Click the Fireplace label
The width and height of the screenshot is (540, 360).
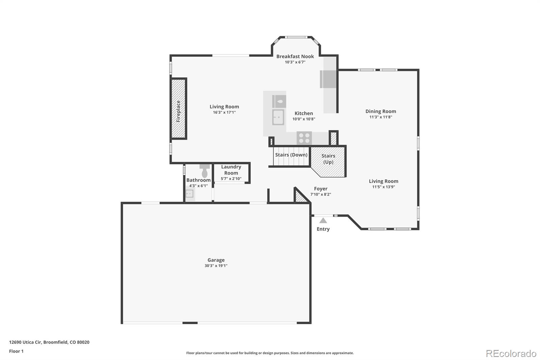click(179, 111)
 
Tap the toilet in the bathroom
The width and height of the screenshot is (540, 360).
click(205, 172)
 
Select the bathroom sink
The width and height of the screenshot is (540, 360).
click(190, 194)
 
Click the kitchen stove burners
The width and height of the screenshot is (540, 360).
click(304, 138)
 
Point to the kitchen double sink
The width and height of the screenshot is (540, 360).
click(278, 117)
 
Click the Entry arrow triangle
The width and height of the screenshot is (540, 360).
click(323, 221)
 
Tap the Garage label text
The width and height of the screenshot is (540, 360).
click(216, 260)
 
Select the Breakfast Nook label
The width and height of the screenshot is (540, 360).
click(295, 56)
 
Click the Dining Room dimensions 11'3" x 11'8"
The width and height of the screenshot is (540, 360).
click(381, 117)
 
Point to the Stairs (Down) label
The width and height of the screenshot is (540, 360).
click(291, 155)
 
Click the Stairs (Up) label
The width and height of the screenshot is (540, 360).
click(328, 159)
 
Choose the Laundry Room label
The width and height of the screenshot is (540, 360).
click(231, 170)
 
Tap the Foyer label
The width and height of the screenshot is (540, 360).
click(321, 189)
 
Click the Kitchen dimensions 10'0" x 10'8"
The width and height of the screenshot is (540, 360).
click(304, 119)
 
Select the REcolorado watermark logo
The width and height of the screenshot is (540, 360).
click(511, 353)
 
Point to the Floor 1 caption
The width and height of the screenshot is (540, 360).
click(16, 351)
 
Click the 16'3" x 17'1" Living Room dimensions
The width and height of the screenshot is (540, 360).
click(224, 112)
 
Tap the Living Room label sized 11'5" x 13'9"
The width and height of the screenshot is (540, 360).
click(383, 181)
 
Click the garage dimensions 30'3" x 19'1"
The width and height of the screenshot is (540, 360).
click(216, 266)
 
